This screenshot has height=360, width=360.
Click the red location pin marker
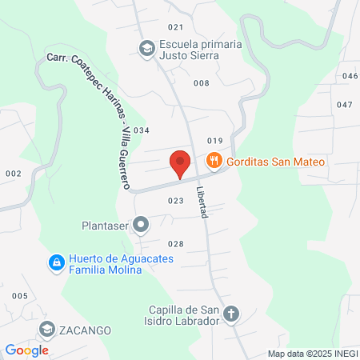coord(180,164)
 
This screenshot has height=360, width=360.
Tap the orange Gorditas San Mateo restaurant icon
coord(214,162)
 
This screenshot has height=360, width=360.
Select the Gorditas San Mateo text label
coord(275,162)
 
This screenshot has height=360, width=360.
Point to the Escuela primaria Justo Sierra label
coord(201,50)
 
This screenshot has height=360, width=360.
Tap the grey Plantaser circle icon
coord(141,225)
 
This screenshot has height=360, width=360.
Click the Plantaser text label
coord(105,225)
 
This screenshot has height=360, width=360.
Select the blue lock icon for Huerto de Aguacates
coord(55,263)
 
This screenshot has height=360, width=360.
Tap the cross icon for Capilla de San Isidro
coord(231,314)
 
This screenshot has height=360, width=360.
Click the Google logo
coord(26,350)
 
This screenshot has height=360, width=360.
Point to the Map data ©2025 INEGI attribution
coord(310,353)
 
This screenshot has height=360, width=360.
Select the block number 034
coord(142,130)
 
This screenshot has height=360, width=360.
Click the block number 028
coord(176,244)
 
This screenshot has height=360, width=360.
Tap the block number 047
coord(345,105)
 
